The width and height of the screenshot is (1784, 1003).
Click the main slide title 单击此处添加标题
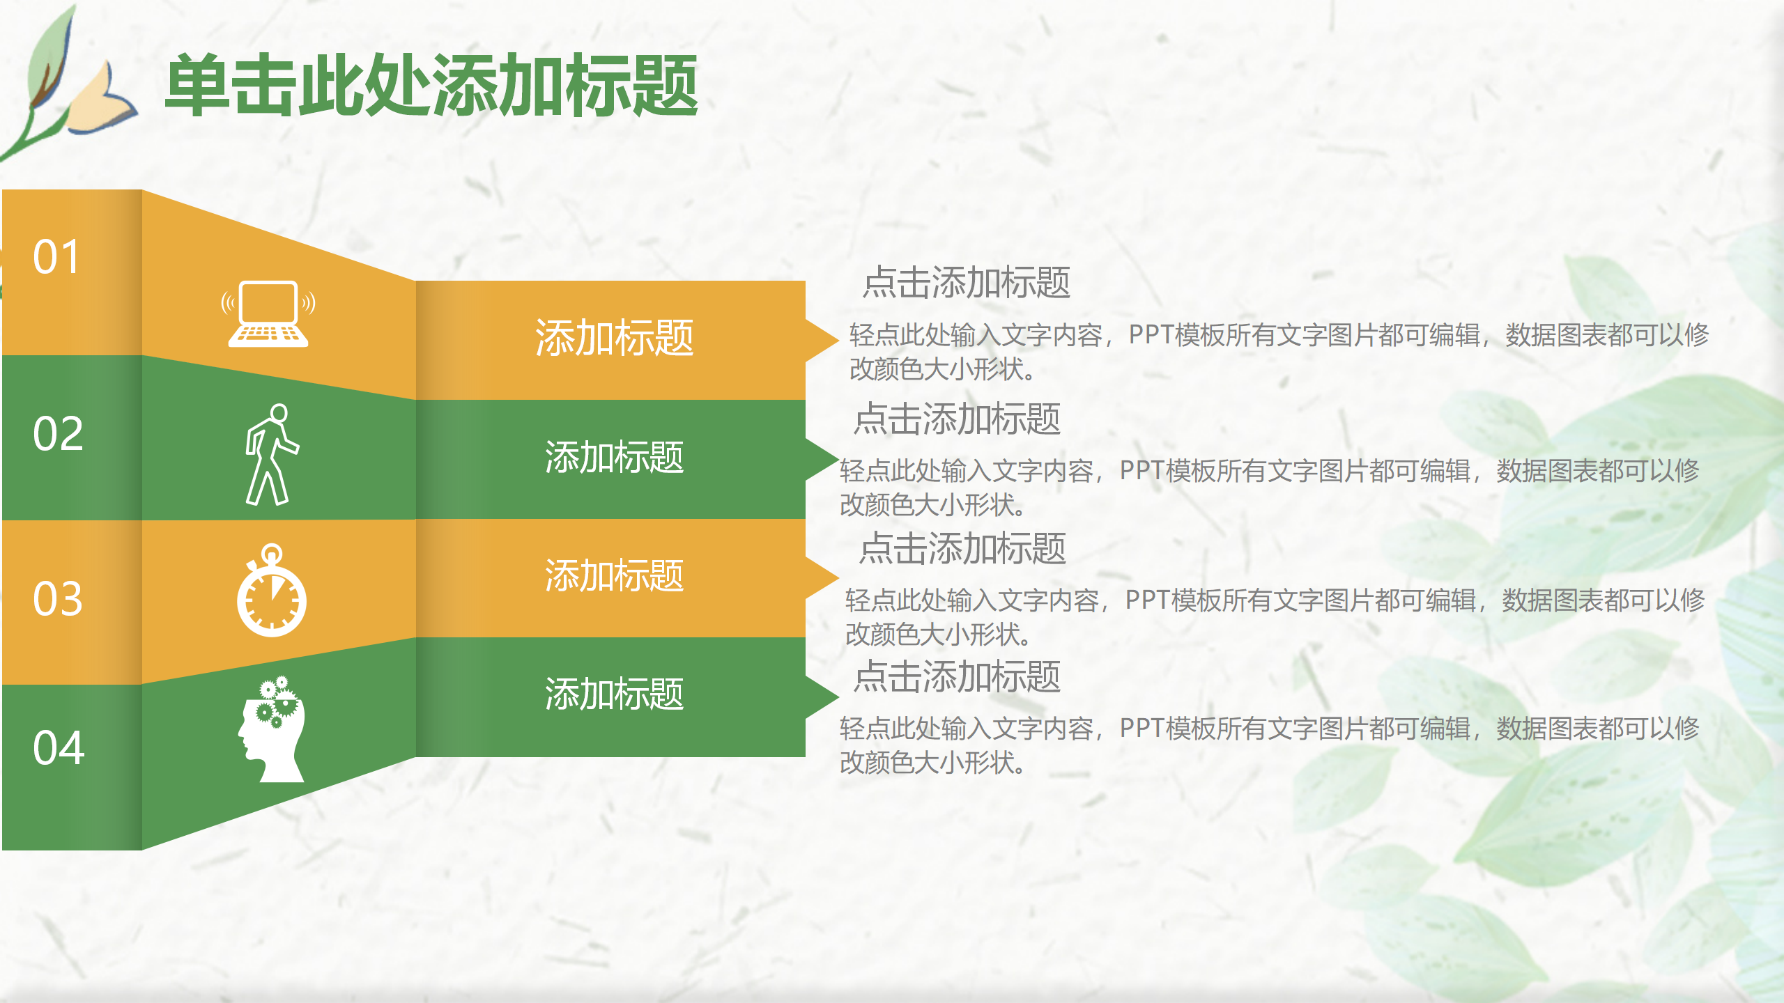(x=431, y=86)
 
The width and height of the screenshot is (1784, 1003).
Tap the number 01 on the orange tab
(x=57, y=258)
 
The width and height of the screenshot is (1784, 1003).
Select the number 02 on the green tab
(x=58, y=435)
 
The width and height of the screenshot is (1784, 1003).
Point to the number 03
(x=58, y=599)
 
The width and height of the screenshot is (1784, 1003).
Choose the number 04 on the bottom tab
(x=59, y=748)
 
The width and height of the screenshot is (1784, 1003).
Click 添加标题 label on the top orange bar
(x=613, y=339)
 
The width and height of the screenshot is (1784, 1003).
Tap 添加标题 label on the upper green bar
(x=613, y=458)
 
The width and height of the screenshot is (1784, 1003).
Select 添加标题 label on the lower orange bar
(x=613, y=576)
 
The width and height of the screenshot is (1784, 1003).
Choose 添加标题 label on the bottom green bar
(x=613, y=694)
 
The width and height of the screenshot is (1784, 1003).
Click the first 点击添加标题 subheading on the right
(x=966, y=283)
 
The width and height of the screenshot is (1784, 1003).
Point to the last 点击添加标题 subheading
(x=957, y=677)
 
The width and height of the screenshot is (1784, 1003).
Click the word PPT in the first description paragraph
(x=1151, y=335)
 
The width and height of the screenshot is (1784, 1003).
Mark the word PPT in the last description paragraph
(x=1141, y=729)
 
